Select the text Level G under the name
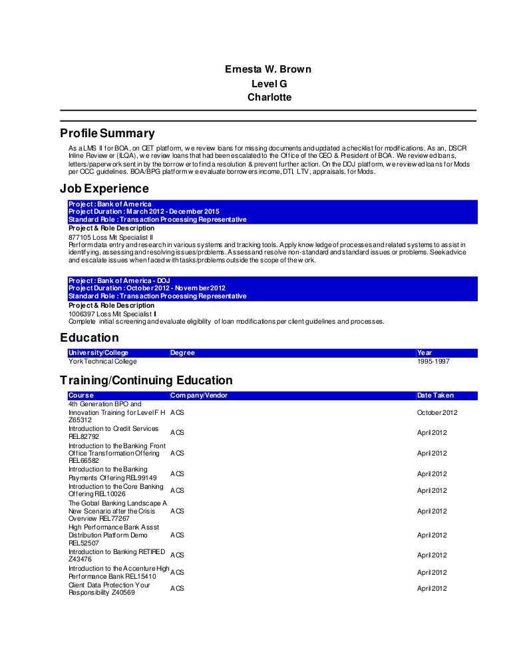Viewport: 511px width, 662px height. click(x=269, y=83)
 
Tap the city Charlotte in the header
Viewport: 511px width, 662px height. click(x=269, y=97)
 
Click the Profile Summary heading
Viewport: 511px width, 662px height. click(x=107, y=133)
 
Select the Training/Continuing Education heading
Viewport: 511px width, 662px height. click(x=146, y=380)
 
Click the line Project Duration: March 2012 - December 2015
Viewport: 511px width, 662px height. click(x=144, y=212)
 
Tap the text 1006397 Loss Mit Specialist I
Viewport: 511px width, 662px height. click(x=112, y=313)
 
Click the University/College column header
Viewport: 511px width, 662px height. click(x=98, y=352)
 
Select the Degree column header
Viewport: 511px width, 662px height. click(x=182, y=352)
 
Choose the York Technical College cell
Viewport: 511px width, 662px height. click(x=102, y=361)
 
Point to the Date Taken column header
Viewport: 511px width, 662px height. click(x=435, y=395)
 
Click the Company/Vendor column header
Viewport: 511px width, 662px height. click(x=199, y=395)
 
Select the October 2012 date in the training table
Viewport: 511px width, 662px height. click(x=437, y=412)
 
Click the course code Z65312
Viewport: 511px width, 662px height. click(x=81, y=420)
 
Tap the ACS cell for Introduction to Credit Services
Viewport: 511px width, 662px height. click(x=177, y=432)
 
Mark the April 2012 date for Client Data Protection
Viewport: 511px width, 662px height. click(x=432, y=589)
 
